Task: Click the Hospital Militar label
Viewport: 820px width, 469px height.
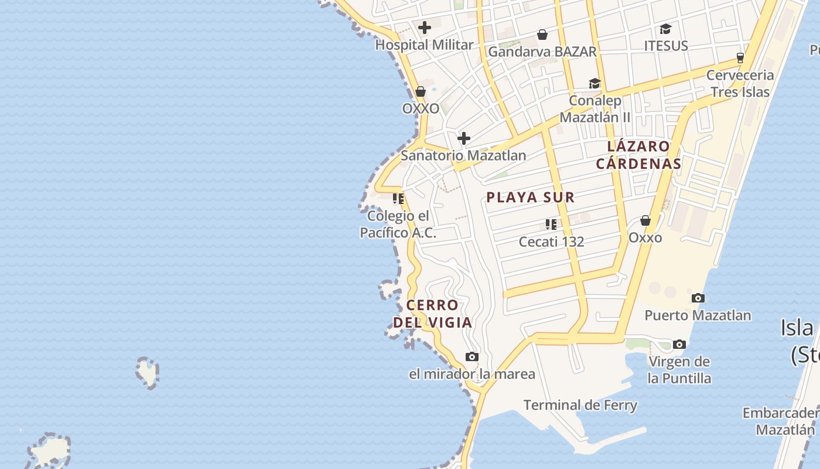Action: (424, 45)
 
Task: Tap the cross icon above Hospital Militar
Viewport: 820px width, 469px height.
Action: (425, 28)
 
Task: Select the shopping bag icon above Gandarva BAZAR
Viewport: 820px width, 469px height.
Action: (542, 35)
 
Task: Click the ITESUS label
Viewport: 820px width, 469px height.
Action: (666, 46)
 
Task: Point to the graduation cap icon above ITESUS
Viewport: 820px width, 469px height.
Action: (665, 29)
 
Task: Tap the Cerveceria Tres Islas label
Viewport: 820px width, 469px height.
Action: (740, 83)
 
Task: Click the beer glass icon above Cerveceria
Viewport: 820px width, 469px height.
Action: (740, 57)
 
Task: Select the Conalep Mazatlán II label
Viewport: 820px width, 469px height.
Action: (595, 108)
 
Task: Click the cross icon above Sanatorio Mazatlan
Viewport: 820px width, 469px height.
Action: (464, 138)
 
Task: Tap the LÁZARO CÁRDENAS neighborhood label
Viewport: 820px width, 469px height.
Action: (638, 155)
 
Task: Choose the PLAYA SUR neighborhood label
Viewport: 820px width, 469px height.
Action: (531, 198)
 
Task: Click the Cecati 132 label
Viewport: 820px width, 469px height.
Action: (551, 242)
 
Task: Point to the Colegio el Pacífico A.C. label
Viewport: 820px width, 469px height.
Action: (398, 225)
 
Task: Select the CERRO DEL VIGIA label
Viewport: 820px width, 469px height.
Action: (432, 314)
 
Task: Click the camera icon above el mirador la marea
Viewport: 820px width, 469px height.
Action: (471, 356)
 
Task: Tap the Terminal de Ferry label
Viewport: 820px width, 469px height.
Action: (580, 405)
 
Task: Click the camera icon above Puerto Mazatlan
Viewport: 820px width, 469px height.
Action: (698, 298)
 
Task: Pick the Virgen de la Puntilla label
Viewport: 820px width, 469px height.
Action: (679, 370)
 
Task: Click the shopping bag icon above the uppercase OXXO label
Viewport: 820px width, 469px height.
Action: (421, 91)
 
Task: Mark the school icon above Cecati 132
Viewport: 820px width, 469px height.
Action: (551, 224)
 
